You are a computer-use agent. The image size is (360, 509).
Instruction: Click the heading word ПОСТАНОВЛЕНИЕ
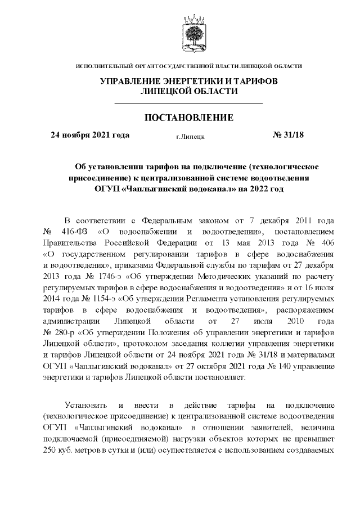pos(189,118)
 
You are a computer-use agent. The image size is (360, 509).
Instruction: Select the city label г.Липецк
pos(190,136)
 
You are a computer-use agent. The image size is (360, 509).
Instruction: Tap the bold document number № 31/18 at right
pos(287,135)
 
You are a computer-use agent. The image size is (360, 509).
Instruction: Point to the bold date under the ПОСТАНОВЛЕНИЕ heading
pos(90,135)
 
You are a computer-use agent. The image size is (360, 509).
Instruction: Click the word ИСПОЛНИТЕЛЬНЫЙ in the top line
pos(102,66)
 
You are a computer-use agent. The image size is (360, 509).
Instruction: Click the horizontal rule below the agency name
pos(189,103)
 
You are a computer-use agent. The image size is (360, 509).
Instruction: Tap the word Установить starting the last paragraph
pos(83,405)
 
